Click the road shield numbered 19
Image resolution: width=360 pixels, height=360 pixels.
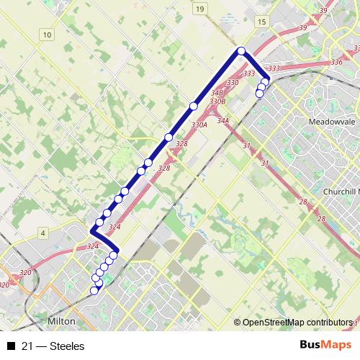pyautogui.click(x=199, y=8)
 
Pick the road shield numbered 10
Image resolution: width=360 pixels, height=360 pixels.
pyautogui.click(x=48, y=35)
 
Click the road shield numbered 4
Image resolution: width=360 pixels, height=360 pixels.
pyautogui.click(x=44, y=233)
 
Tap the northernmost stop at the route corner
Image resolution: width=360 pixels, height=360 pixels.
pyautogui.click(x=241, y=50)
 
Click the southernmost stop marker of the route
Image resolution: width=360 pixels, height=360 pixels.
pyautogui.click(x=94, y=291)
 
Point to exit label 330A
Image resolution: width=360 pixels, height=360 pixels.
pyautogui.click(x=199, y=125)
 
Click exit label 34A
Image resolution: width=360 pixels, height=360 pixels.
pyautogui.click(x=222, y=120)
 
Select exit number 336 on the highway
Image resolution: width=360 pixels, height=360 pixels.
pyautogui.click(x=337, y=63)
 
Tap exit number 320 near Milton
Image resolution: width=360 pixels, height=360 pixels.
pyautogui.click(x=26, y=273)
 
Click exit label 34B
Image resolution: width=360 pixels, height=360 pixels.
pyautogui.click(x=217, y=94)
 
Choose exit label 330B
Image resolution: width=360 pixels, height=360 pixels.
pyautogui.click(x=217, y=102)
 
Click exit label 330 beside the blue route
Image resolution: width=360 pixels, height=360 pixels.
pyautogui.click(x=233, y=84)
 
